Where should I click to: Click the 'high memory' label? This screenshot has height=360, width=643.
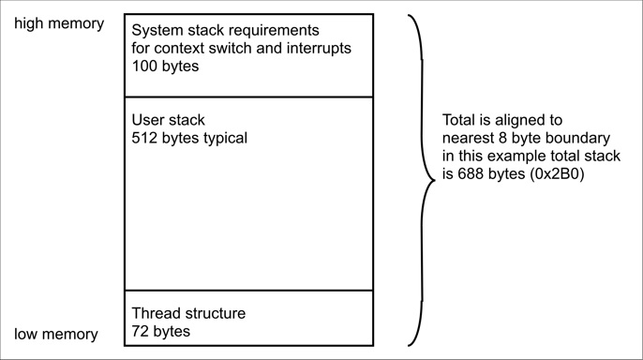[59, 23]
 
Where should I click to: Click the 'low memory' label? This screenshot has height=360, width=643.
[55, 334]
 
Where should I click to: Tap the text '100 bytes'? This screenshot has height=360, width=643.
[165, 67]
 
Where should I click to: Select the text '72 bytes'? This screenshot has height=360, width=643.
[160, 331]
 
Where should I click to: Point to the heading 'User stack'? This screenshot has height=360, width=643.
[168, 120]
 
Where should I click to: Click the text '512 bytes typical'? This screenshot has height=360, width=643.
[189, 138]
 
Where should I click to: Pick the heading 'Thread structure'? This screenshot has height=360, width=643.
[187, 313]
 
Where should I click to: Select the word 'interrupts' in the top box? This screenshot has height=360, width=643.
[316, 49]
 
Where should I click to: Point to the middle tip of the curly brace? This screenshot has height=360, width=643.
[435, 181]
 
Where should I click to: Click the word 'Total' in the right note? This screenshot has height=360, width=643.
[461, 120]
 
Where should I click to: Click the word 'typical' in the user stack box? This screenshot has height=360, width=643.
[222, 138]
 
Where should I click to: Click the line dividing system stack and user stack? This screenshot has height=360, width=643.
[248, 97]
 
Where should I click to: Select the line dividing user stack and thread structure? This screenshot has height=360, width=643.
[248, 291]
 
